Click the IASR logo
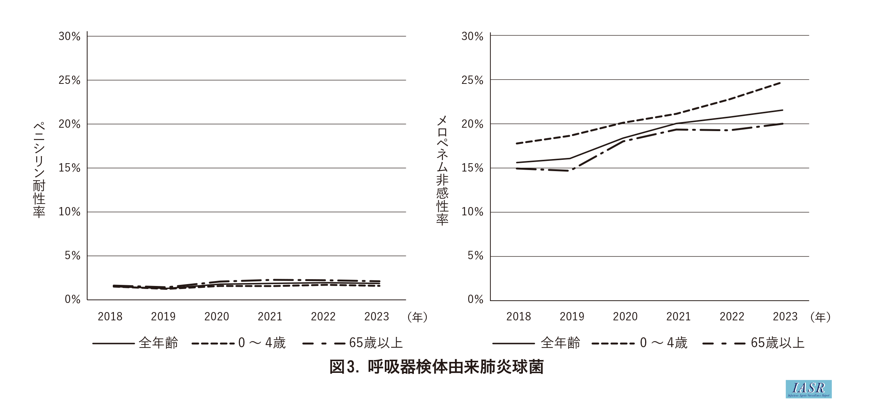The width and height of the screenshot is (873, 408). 808,389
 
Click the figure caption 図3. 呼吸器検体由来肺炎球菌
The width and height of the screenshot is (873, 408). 436,367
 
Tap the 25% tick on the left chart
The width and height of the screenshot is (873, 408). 69,80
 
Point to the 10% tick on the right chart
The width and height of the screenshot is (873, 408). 472,212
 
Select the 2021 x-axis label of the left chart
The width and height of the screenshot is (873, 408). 270,317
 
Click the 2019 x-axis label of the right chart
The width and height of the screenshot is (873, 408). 572,317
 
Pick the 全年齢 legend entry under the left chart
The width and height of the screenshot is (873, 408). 136,343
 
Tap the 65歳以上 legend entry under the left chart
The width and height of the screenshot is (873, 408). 353,343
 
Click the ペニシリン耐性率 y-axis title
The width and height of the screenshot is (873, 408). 39,170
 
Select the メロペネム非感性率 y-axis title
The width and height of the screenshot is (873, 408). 442,170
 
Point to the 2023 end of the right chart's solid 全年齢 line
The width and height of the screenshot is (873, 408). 783,110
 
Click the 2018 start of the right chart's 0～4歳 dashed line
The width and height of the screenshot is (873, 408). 516,144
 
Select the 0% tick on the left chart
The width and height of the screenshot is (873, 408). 72,300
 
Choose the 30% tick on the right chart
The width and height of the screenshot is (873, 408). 472,36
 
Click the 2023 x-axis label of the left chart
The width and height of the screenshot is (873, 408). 377,317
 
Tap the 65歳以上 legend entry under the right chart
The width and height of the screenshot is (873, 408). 755,343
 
